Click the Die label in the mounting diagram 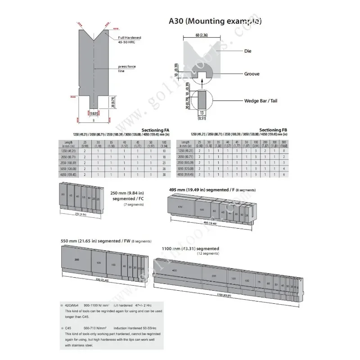pos(247,51)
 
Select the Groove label pos(252,74)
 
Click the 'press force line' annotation pos(127,68)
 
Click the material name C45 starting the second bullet pos(70,329)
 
